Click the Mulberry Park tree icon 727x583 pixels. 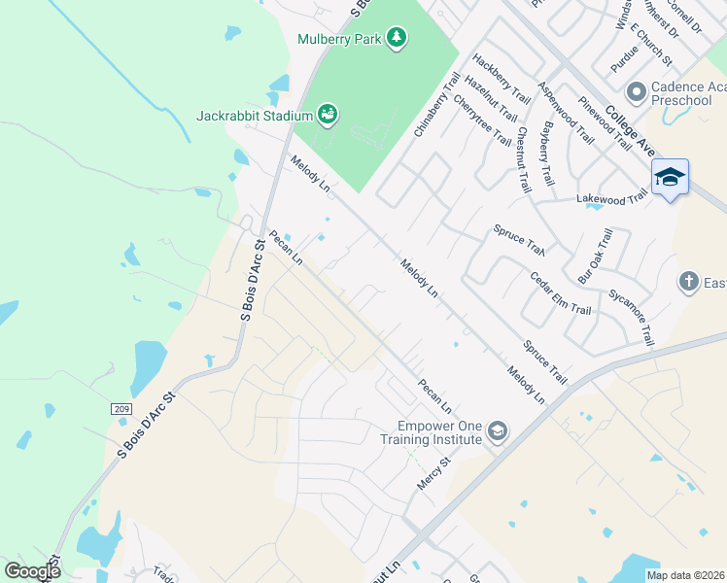click(x=396, y=38)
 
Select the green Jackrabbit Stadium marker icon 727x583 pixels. click(x=329, y=116)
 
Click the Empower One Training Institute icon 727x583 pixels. click(x=498, y=430)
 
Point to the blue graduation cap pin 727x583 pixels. click(x=670, y=178)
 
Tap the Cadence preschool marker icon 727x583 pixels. click(x=638, y=92)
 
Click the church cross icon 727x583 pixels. click(x=689, y=282)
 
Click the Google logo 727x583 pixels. click(x=32, y=570)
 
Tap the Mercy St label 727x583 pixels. click(x=430, y=476)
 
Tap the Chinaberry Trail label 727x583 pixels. click(x=436, y=102)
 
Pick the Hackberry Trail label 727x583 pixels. click(x=498, y=79)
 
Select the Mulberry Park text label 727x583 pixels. click(x=340, y=39)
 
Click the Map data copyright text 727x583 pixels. click(x=685, y=575)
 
